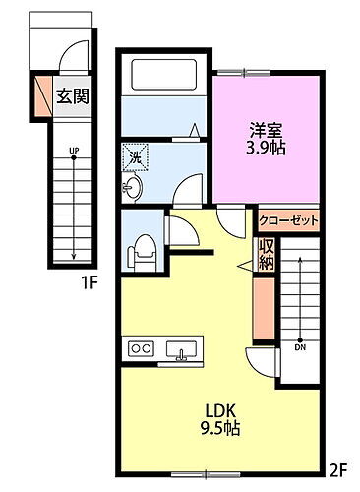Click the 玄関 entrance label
coord(70,96)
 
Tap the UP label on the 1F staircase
coord(73,151)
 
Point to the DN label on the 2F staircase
coord(298,346)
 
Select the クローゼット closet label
coord(288,220)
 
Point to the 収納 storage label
coord(266,255)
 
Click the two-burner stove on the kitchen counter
coord(140,348)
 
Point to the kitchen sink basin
coord(182,348)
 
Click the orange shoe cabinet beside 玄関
coord(40,94)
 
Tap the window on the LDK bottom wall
coord(203,465)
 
